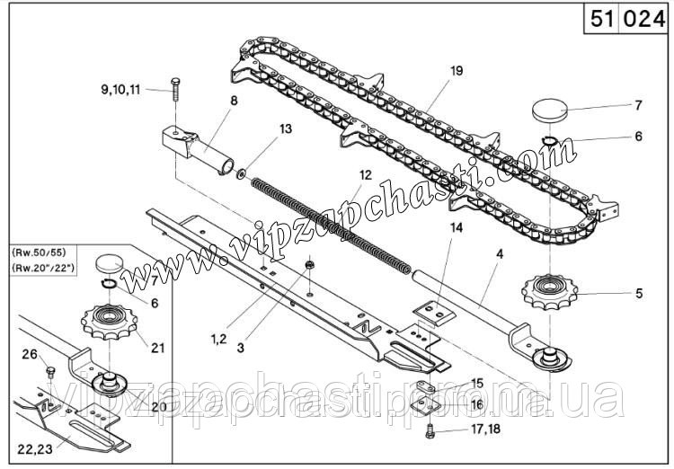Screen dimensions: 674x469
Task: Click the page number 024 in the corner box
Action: pyautogui.click(x=643, y=19)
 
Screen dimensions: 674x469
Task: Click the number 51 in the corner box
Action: pyautogui.click(x=601, y=19)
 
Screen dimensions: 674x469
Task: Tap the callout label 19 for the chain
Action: pyautogui.click(x=457, y=71)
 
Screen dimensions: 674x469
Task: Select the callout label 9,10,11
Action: pyautogui.click(x=120, y=90)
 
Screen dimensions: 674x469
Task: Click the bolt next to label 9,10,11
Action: pyautogui.click(x=175, y=89)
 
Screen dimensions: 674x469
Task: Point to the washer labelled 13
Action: pyautogui.click(x=241, y=174)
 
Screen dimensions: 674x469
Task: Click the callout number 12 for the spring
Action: pyautogui.click(x=366, y=175)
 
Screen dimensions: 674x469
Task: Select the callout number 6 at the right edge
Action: pyautogui.click(x=638, y=137)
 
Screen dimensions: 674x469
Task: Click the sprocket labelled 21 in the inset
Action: pyautogui.click(x=109, y=322)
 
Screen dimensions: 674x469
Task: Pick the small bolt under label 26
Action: pyautogui.click(x=49, y=371)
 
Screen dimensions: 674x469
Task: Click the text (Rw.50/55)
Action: pyautogui.click(x=40, y=251)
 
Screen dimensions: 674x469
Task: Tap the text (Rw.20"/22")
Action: pyautogui.click(x=43, y=268)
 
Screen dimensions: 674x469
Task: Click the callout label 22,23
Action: pyautogui.click(x=35, y=449)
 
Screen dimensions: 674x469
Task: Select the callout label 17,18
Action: pyautogui.click(x=485, y=429)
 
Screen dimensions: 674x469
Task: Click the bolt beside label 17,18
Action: pyautogui.click(x=429, y=431)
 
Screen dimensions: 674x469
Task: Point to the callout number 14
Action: pyautogui.click(x=456, y=228)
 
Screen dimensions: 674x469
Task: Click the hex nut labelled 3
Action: pyautogui.click(x=308, y=265)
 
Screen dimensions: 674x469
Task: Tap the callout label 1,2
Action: pyautogui.click(x=218, y=339)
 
